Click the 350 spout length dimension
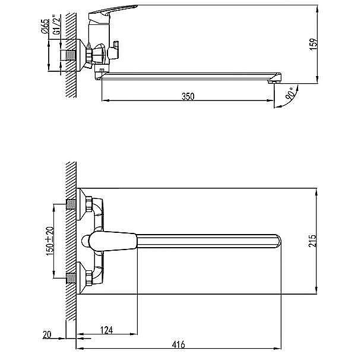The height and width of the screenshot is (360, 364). (x=188, y=96)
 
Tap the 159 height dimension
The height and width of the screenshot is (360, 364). (x=313, y=44)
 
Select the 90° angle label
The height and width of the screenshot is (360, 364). (x=290, y=93)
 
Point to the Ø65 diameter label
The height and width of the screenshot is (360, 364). (x=45, y=26)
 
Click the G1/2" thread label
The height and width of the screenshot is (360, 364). (x=56, y=24)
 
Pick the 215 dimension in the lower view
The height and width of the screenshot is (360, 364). (x=312, y=241)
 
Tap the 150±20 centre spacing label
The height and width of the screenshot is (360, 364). (x=50, y=241)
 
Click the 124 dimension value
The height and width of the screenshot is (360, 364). (x=106, y=330)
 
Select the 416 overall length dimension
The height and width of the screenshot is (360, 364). (x=179, y=344)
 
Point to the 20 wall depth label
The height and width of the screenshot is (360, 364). (x=47, y=334)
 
